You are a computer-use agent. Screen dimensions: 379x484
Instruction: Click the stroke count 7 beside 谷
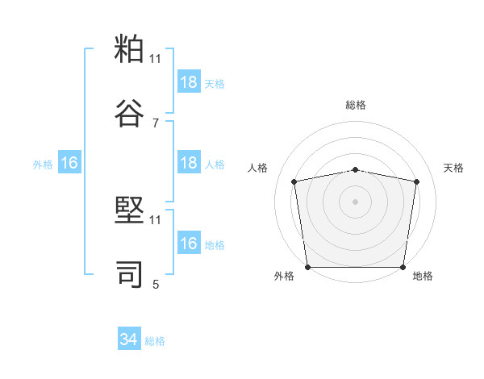click(x=156, y=123)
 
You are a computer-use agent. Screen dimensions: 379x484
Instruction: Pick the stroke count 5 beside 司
click(x=156, y=284)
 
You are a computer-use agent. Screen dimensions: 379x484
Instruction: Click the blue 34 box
click(x=129, y=340)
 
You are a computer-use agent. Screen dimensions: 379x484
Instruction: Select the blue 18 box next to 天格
click(x=189, y=82)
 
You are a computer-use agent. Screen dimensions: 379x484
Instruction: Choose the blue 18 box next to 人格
click(x=189, y=163)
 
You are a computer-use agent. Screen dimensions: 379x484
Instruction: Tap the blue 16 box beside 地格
click(x=189, y=244)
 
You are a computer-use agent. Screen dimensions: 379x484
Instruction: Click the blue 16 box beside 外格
click(x=69, y=163)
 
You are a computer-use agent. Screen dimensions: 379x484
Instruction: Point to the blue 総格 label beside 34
click(x=155, y=341)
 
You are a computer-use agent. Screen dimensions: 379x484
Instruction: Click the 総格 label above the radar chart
click(x=356, y=105)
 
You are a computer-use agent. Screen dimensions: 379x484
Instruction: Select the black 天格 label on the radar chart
click(x=454, y=168)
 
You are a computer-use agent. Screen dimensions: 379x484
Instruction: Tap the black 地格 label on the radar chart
click(x=423, y=277)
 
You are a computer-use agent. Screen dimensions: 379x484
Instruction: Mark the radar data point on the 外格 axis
click(x=307, y=267)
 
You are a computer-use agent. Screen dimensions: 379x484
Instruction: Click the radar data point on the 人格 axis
click(x=294, y=181)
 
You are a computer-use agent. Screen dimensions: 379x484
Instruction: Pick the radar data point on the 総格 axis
click(x=356, y=169)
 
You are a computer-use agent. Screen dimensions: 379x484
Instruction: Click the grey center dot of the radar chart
click(x=356, y=201)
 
